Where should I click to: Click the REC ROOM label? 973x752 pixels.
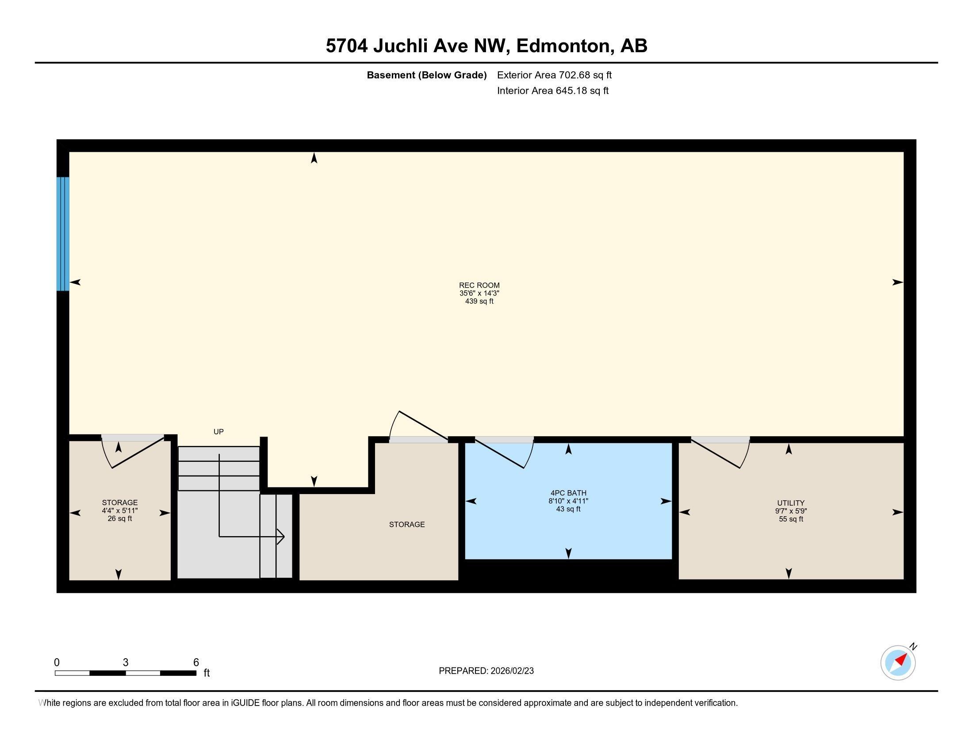coord(479,285)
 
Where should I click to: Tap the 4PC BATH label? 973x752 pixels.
coord(568,493)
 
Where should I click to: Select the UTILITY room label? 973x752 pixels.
coord(790,503)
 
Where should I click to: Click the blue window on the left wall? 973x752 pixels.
coord(63,234)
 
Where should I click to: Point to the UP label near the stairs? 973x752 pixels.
coord(218,432)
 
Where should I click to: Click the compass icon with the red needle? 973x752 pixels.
coord(898,663)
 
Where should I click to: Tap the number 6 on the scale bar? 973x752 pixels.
coord(195,662)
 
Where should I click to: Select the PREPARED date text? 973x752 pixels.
coord(486,671)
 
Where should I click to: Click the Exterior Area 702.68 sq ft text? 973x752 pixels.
coord(554,75)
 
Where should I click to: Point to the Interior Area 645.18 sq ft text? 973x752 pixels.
coord(552,91)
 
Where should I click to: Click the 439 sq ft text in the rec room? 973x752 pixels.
coord(479,301)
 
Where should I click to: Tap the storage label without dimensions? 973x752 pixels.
coord(407,524)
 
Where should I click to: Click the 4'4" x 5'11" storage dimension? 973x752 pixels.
coord(119,510)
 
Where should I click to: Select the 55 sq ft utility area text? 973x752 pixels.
coord(790,519)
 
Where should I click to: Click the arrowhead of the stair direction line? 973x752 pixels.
coord(281,537)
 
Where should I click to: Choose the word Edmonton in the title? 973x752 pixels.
coord(563,46)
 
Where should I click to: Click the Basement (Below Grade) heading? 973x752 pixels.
coord(426,75)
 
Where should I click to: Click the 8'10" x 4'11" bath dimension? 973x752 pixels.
coord(568,501)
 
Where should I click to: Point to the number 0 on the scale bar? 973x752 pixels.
coord(57,662)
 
